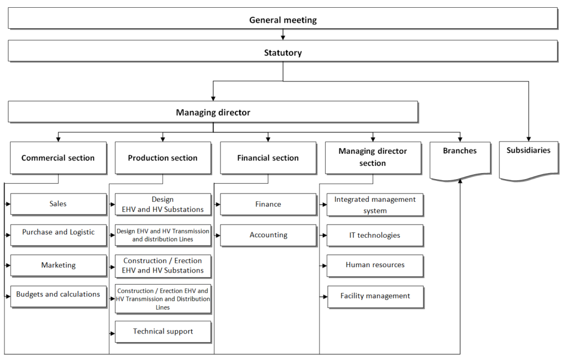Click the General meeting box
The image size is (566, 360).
click(x=283, y=18)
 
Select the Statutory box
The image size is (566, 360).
click(x=283, y=51)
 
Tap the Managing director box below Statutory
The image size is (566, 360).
click(x=213, y=112)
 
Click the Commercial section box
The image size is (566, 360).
click(x=58, y=158)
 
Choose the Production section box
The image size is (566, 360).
click(x=163, y=158)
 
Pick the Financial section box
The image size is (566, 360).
click(x=268, y=158)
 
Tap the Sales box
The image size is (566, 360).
click(x=59, y=205)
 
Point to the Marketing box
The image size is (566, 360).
click(x=59, y=266)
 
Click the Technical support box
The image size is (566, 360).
click(x=163, y=332)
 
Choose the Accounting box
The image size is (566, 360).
click(x=268, y=236)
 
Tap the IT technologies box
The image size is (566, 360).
click(x=375, y=236)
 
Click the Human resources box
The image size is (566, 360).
click(x=375, y=266)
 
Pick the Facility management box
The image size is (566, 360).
click(x=375, y=297)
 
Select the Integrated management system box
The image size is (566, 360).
click(x=375, y=205)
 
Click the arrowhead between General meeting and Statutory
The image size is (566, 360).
click(x=283, y=38)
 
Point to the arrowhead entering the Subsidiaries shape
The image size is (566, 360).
click(x=528, y=139)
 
